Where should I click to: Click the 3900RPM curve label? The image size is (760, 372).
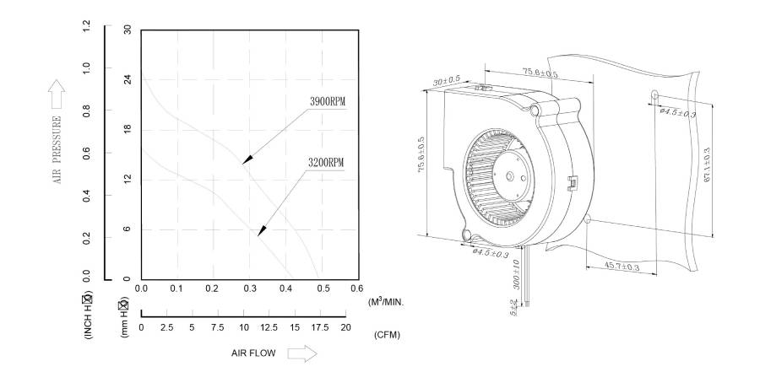pos(328,102)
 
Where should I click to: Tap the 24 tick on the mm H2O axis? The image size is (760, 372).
pos(128,79)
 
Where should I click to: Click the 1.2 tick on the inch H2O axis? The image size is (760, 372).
pos(86,30)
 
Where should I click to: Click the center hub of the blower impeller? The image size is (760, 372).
pos(513,176)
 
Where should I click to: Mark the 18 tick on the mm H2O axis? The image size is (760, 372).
pos(128,129)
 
